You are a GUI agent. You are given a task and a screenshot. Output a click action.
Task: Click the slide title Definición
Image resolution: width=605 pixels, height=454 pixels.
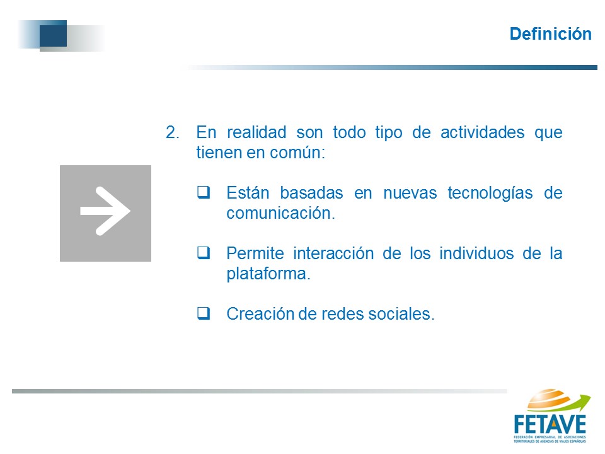pyautogui.click(x=551, y=34)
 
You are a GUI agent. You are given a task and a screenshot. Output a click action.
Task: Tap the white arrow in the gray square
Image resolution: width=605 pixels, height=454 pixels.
pyautogui.click(x=105, y=211)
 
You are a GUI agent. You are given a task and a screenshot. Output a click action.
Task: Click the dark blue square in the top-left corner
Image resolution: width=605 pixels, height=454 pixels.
pyautogui.click(x=53, y=33)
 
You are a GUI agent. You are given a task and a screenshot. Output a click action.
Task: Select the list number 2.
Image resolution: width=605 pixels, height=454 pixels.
pyautogui.click(x=173, y=132)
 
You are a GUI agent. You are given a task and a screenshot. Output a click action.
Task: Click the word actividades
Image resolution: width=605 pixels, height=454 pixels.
pyautogui.click(x=482, y=132)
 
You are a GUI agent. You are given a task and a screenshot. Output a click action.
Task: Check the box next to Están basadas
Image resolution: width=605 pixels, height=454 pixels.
pyautogui.click(x=204, y=192)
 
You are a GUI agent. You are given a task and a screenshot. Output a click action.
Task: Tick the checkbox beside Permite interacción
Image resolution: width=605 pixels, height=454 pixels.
pyautogui.click(x=204, y=253)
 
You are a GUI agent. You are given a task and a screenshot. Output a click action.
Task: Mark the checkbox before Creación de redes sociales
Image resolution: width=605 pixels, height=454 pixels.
pyautogui.click(x=204, y=313)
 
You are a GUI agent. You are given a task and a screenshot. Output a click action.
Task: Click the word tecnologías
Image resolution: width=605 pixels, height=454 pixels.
pyautogui.click(x=490, y=193)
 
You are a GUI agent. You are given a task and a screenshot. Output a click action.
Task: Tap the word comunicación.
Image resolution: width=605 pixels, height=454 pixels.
pyautogui.click(x=280, y=213)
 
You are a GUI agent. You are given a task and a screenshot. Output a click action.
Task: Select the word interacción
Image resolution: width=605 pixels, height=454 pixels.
pyautogui.click(x=333, y=253)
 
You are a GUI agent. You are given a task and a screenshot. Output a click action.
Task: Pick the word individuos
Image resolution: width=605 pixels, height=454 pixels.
pyautogui.click(x=476, y=253)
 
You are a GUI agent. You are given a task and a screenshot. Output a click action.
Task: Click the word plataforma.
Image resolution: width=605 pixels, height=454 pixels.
pyautogui.click(x=268, y=274)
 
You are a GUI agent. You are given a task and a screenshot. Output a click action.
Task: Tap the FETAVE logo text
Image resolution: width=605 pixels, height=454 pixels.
pyautogui.click(x=550, y=424)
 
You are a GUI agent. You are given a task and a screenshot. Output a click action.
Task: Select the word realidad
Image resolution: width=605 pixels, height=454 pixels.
pyautogui.click(x=256, y=132)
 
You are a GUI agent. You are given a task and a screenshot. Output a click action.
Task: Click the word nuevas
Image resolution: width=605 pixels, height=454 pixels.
pyautogui.click(x=410, y=193)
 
